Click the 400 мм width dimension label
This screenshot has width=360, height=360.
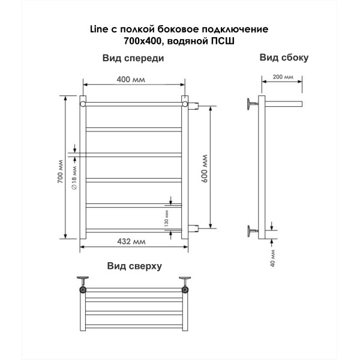point(131,79)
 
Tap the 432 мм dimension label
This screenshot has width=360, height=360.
point(131,242)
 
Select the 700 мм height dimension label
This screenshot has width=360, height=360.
point(60,171)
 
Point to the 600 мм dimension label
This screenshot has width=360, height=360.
point(204,169)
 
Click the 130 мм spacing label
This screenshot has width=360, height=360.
point(167,218)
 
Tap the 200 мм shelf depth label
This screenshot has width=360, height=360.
point(283,77)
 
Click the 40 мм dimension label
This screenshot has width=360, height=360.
point(272,258)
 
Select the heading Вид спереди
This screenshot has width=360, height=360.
point(133,58)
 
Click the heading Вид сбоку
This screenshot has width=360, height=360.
point(284,58)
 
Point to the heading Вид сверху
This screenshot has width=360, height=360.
point(134,266)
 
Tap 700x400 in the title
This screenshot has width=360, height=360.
point(143,41)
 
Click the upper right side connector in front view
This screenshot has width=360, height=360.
point(193,106)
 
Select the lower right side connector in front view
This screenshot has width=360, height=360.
point(193,228)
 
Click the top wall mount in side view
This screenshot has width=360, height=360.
point(252,104)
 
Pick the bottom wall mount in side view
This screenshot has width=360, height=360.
point(252,231)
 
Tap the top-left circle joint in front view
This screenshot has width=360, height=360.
point(83,104)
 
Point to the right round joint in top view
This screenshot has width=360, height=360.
point(185,290)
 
